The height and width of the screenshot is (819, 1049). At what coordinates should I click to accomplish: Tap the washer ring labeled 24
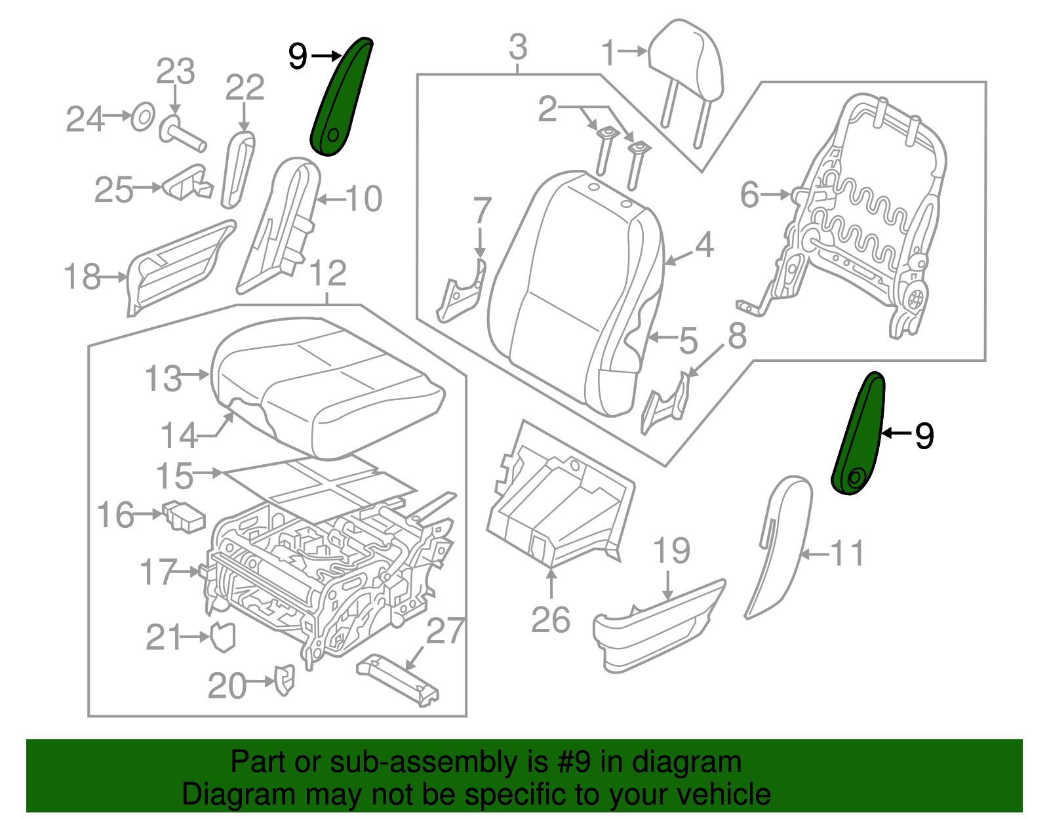click(x=143, y=118)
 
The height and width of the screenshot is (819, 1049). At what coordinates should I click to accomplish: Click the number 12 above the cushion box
click(x=327, y=273)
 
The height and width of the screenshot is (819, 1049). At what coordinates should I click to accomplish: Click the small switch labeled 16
click(x=184, y=515)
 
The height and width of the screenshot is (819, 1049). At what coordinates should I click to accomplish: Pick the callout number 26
click(x=550, y=620)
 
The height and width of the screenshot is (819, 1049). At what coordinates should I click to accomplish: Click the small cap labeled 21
click(x=223, y=637)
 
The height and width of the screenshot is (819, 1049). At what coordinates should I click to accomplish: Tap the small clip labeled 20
click(x=285, y=680)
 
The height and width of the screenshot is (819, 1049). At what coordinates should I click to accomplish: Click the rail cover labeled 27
click(x=397, y=679)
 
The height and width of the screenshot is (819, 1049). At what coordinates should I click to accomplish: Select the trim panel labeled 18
click(x=177, y=269)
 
